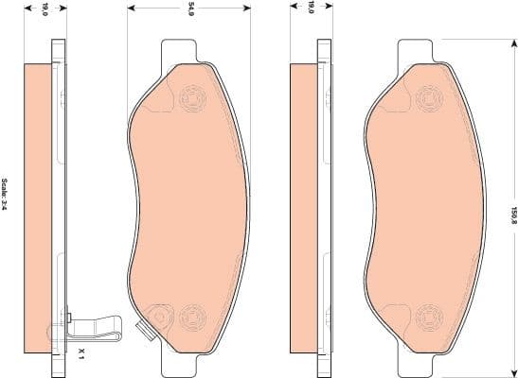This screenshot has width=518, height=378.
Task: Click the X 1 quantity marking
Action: point(83,354)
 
